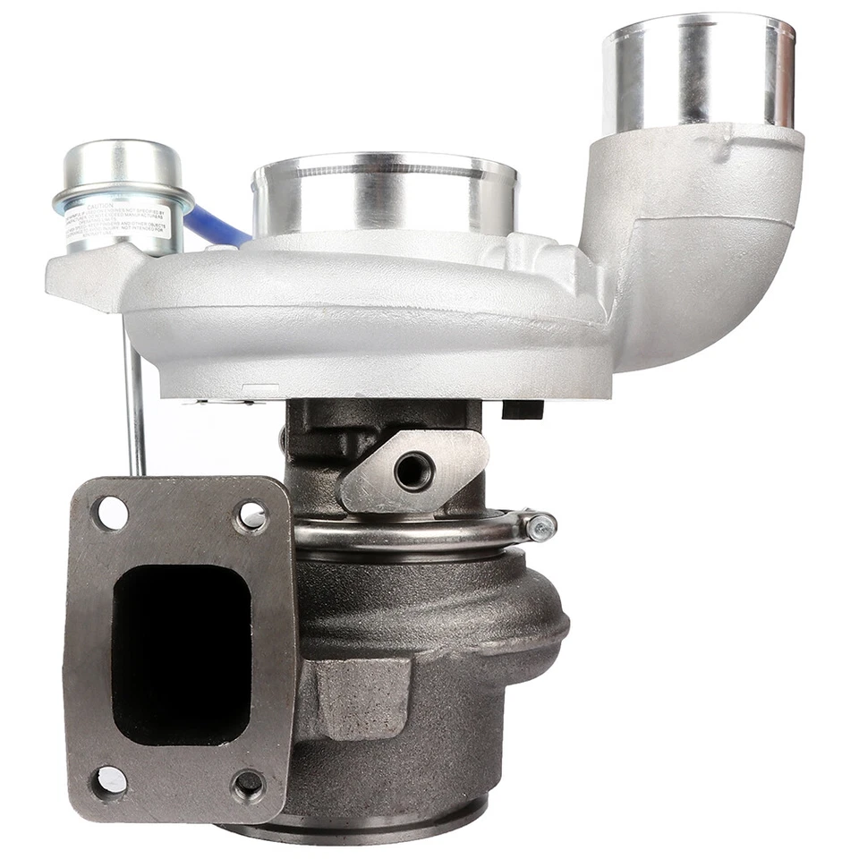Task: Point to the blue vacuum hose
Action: pyautogui.click(x=215, y=227)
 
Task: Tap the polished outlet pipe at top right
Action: pyautogui.click(x=698, y=72)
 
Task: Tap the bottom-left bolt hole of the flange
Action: pyautogui.click(x=110, y=780)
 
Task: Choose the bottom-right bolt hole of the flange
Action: pyautogui.click(x=249, y=785)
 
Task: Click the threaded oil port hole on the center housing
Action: pyautogui.click(x=413, y=470)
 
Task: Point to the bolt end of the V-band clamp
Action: pyautogui.click(x=540, y=528)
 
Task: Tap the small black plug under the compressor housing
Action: pyautogui.click(x=523, y=409)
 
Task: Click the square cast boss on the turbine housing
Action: pyautogui.click(x=358, y=693)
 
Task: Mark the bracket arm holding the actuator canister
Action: pyautogui.click(x=85, y=277)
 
